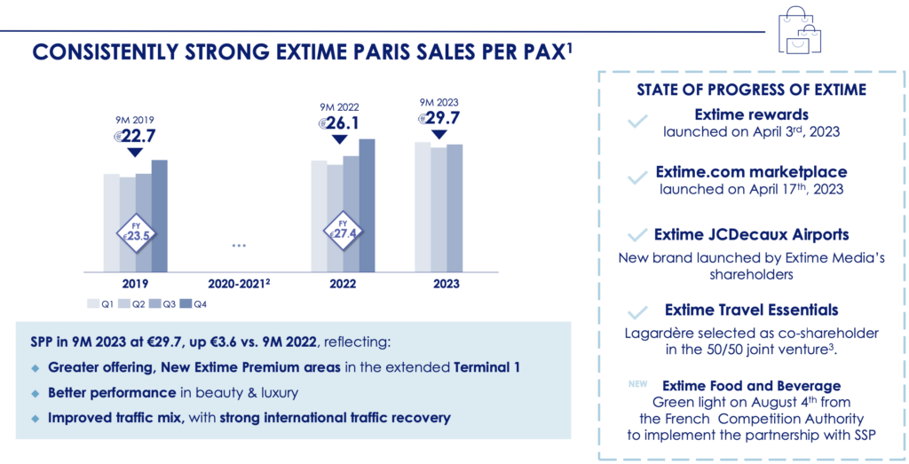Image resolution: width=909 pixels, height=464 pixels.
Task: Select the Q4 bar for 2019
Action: (x=160, y=216)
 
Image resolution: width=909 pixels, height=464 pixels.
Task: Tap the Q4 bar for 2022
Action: (x=367, y=206)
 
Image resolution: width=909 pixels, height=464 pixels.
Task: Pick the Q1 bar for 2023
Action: (x=423, y=208)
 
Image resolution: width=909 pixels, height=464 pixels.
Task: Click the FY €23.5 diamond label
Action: (x=135, y=232)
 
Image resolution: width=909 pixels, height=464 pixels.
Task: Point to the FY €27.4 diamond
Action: (x=343, y=231)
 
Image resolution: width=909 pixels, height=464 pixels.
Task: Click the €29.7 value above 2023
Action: (x=439, y=118)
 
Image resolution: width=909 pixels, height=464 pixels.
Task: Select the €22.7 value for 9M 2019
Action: (x=135, y=136)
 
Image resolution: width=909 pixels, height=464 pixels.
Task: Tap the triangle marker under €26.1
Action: (x=340, y=139)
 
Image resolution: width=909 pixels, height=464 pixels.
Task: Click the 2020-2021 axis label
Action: (x=239, y=284)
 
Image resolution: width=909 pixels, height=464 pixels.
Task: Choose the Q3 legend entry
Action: (x=162, y=304)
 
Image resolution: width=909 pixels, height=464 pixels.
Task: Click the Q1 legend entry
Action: (x=100, y=304)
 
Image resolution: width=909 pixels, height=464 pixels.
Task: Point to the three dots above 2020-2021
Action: (x=239, y=246)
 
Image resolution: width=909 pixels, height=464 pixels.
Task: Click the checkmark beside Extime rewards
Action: (x=637, y=122)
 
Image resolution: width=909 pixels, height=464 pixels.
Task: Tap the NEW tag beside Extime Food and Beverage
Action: (x=637, y=384)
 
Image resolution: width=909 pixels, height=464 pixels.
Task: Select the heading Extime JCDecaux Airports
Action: (x=751, y=234)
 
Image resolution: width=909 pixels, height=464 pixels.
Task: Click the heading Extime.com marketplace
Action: (x=751, y=172)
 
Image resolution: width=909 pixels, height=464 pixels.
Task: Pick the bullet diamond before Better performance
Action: (x=36, y=393)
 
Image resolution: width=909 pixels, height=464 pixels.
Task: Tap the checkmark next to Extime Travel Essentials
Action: (x=637, y=313)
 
